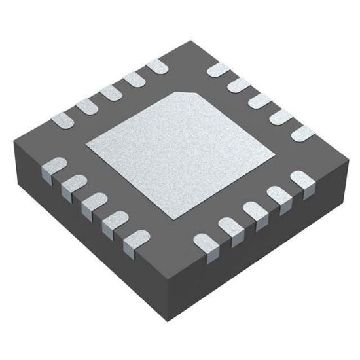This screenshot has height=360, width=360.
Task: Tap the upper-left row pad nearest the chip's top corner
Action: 156,67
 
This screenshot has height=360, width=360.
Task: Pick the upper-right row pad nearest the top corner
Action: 216,72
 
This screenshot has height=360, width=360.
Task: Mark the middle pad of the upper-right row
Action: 261,100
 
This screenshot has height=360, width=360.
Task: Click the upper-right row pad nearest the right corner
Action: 302,131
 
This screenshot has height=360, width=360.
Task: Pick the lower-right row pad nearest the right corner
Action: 301,180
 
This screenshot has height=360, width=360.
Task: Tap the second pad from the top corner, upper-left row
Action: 133,80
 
